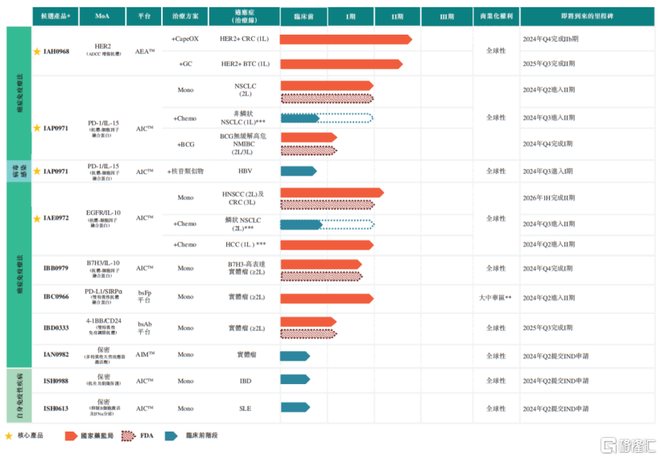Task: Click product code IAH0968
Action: tap(56, 52)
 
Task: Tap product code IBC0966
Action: tap(56, 297)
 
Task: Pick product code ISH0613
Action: tap(56, 408)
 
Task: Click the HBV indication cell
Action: tap(245, 171)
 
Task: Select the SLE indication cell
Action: tap(245, 408)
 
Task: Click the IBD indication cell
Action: tap(245, 380)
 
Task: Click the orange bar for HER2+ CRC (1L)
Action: tap(345, 39)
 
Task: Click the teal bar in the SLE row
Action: tap(295, 408)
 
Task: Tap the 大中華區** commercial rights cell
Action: tap(495, 297)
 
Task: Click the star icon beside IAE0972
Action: tap(37, 218)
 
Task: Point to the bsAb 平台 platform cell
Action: tap(144, 328)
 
